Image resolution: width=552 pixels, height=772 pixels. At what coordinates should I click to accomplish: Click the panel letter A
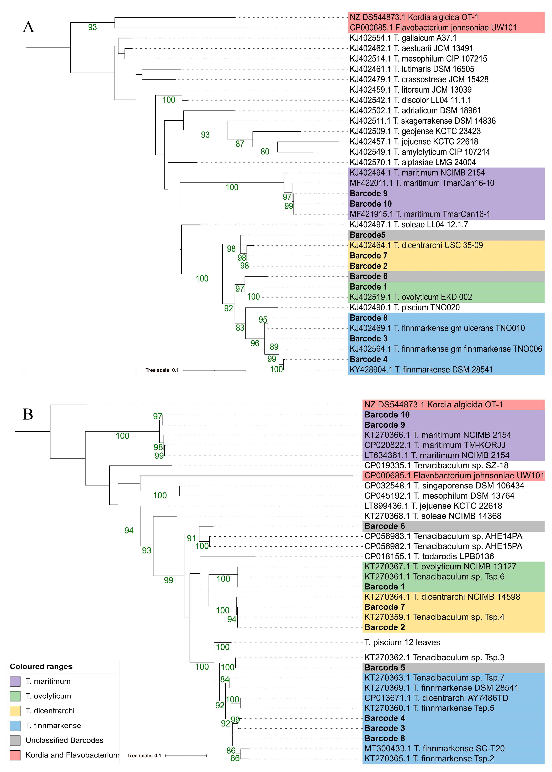point(29,27)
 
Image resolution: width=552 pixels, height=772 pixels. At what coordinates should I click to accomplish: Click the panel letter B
point(28,414)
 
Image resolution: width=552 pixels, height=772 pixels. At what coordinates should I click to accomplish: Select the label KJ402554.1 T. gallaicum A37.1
point(403,38)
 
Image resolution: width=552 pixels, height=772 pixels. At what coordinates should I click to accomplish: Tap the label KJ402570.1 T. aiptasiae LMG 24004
point(413,162)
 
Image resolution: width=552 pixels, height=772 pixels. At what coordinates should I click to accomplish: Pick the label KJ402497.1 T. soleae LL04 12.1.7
point(409,225)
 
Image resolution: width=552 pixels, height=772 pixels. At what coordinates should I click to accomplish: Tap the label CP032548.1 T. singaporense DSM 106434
point(444,486)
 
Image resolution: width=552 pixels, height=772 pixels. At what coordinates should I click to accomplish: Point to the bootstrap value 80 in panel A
point(265,152)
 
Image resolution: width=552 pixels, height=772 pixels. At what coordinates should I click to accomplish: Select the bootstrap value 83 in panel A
point(240,328)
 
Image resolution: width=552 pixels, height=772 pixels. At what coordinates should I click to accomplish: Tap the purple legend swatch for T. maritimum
point(15,681)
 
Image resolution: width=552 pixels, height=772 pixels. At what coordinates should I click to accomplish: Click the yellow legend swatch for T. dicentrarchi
point(15,711)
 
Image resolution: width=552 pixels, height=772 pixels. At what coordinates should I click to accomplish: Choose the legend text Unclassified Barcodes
point(65,740)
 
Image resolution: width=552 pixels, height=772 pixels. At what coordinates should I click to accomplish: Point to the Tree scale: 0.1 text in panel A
point(162,370)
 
